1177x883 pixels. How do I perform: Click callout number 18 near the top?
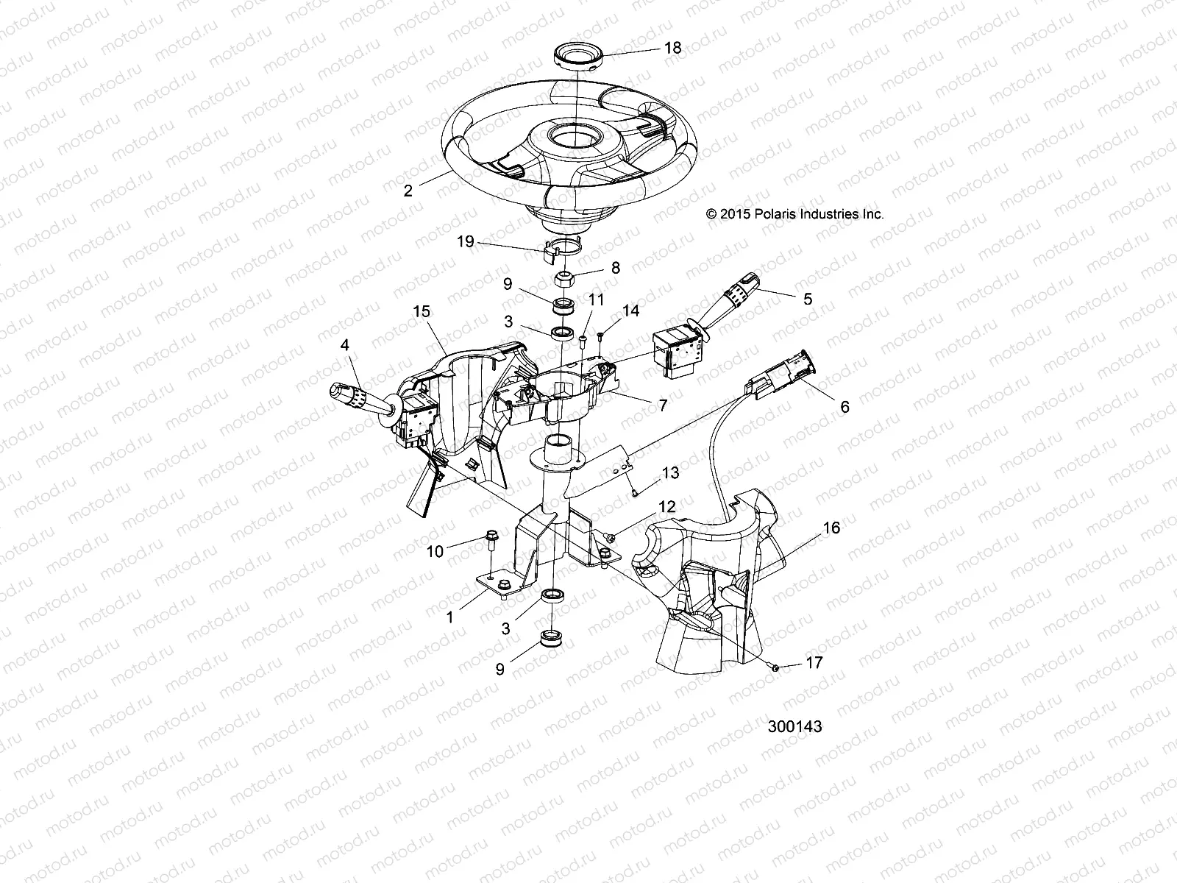pyautogui.click(x=672, y=49)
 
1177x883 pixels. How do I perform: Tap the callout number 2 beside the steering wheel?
pyautogui.click(x=408, y=191)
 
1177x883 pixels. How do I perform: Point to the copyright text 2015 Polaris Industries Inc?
pyautogui.click(x=794, y=214)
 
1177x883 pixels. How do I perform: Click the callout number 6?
pyautogui.click(x=844, y=407)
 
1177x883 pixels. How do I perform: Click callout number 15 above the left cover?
pyautogui.click(x=421, y=312)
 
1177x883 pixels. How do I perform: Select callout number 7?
pyautogui.click(x=662, y=405)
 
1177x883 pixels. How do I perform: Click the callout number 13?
pyautogui.click(x=670, y=472)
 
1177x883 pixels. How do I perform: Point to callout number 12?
pyautogui.click(x=666, y=507)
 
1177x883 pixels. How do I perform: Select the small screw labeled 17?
pyautogui.click(x=775, y=667)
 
